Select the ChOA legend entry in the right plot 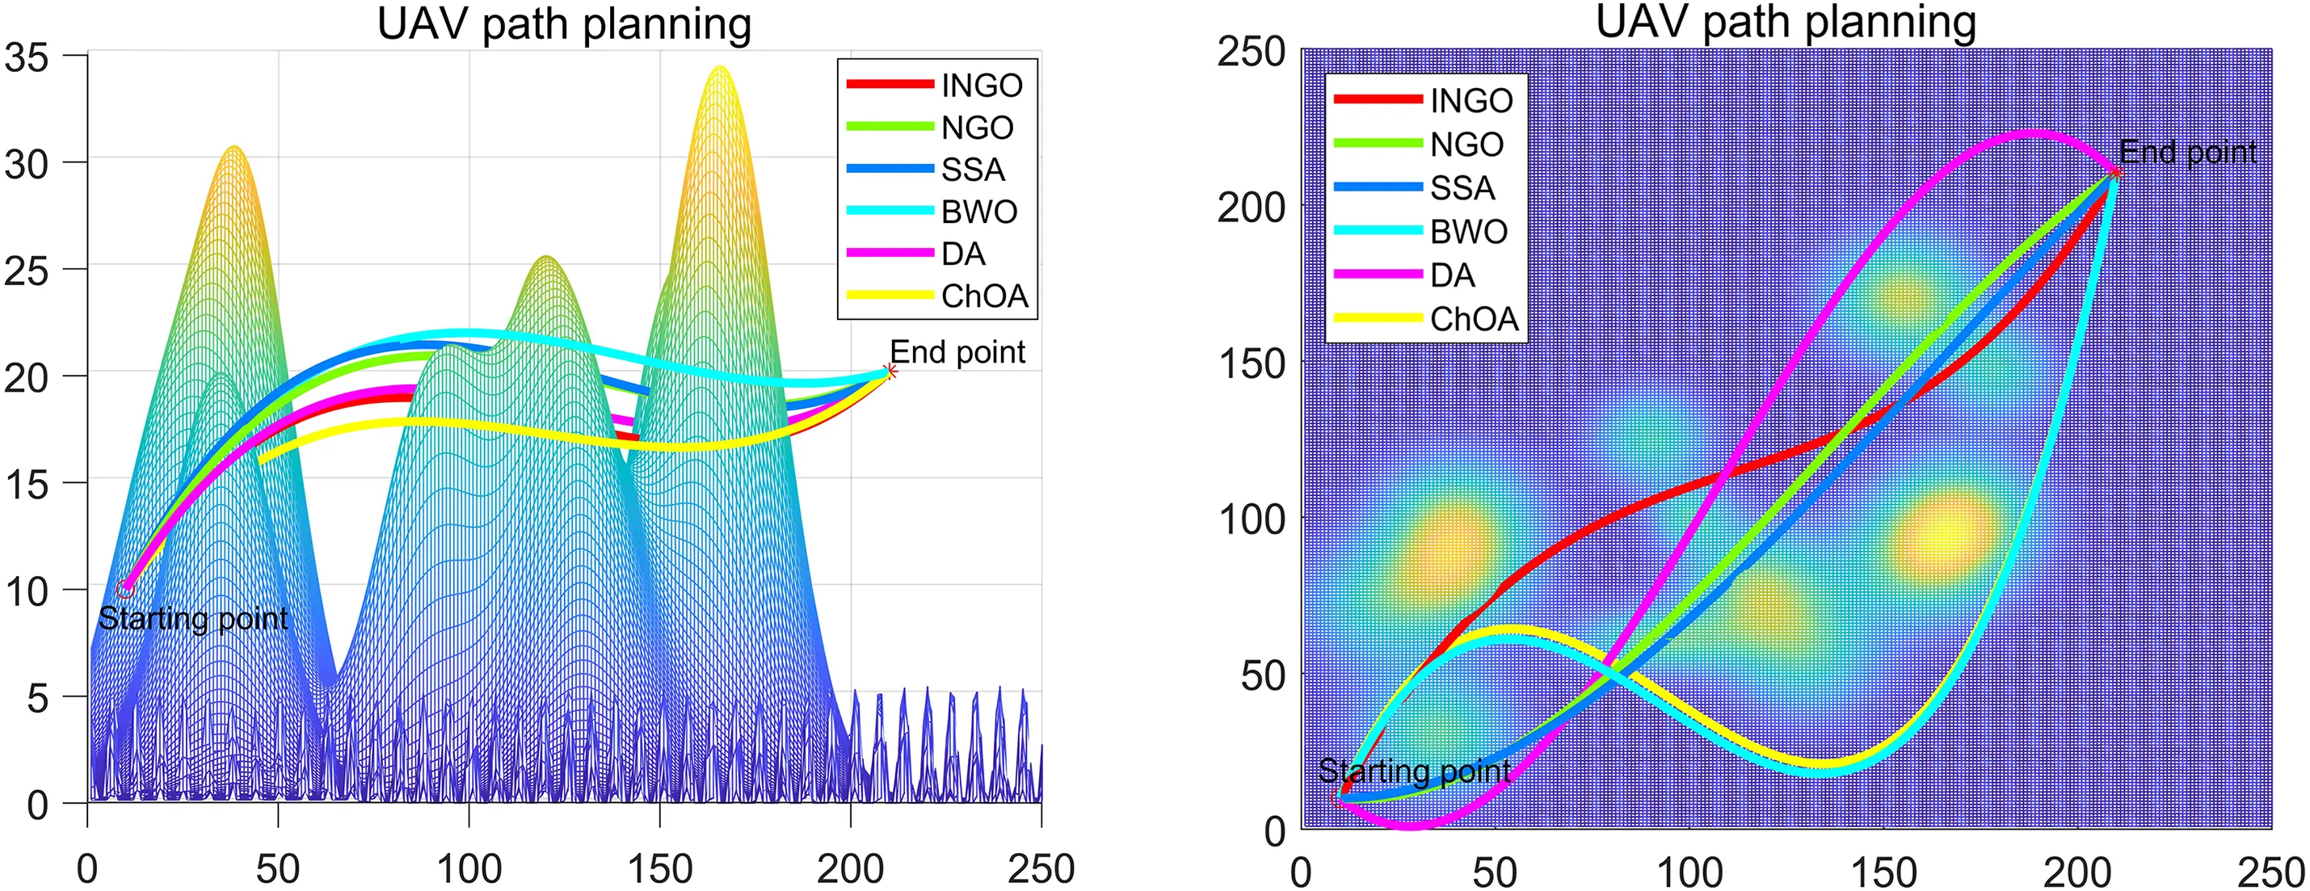pos(1474,319)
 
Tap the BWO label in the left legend pos(979,212)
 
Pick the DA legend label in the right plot pos(1453,275)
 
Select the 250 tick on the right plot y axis pos(1250,53)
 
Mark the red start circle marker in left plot pos(124,589)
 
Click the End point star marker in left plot pos(890,371)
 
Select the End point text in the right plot pos(2187,153)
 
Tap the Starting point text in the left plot pos(193,619)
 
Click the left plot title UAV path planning pos(563,24)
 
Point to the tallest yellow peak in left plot pos(719,69)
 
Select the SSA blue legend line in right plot pos(1378,187)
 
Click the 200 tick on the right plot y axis pos(1250,208)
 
